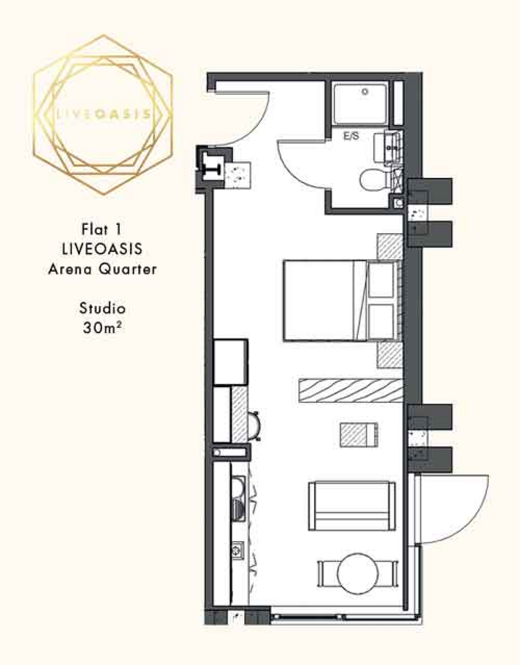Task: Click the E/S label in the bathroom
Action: [351, 136]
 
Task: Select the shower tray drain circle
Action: [365, 92]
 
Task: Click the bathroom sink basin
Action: [386, 147]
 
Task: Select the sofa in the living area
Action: [352, 506]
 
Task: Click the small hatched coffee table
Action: [358, 434]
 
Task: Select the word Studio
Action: [102, 308]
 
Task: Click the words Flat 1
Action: [102, 229]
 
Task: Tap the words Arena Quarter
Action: [102, 269]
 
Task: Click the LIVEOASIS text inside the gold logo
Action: [103, 114]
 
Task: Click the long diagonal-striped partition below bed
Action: [351, 390]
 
